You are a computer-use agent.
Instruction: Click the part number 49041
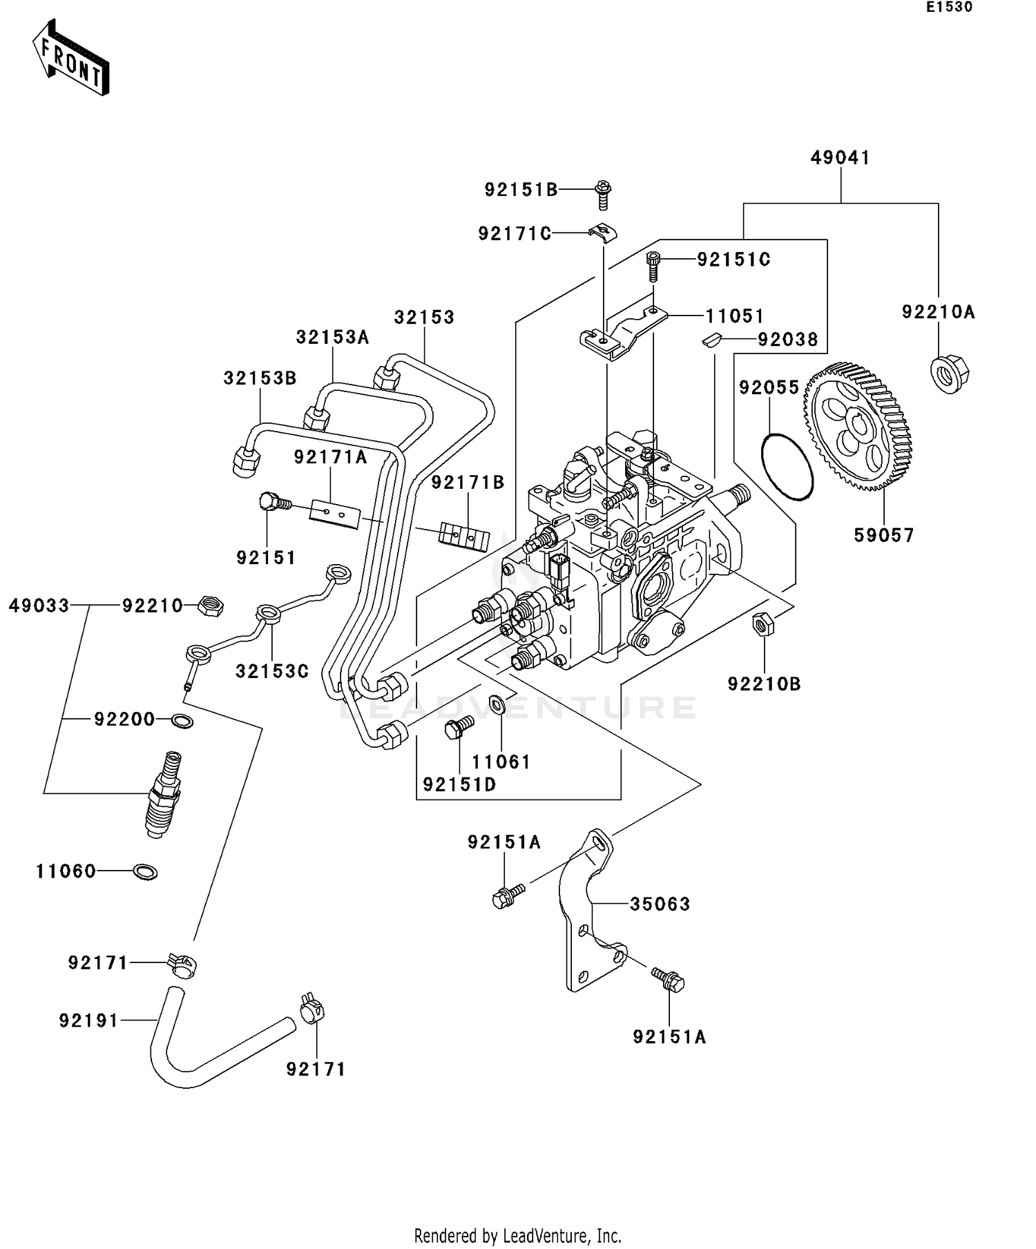pos(840,158)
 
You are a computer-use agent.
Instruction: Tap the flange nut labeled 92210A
pos(949,374)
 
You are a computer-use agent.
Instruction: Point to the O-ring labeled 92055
pos(787,467)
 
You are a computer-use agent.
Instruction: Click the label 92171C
pos(515,234)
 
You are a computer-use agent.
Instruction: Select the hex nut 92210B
pos(762,624)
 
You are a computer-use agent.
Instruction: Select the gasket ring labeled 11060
pos(144,871)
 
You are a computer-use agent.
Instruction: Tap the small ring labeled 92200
pos(182,721)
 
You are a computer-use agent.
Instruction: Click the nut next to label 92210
pos(209,606)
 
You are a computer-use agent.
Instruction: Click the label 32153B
pos(260,378)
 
